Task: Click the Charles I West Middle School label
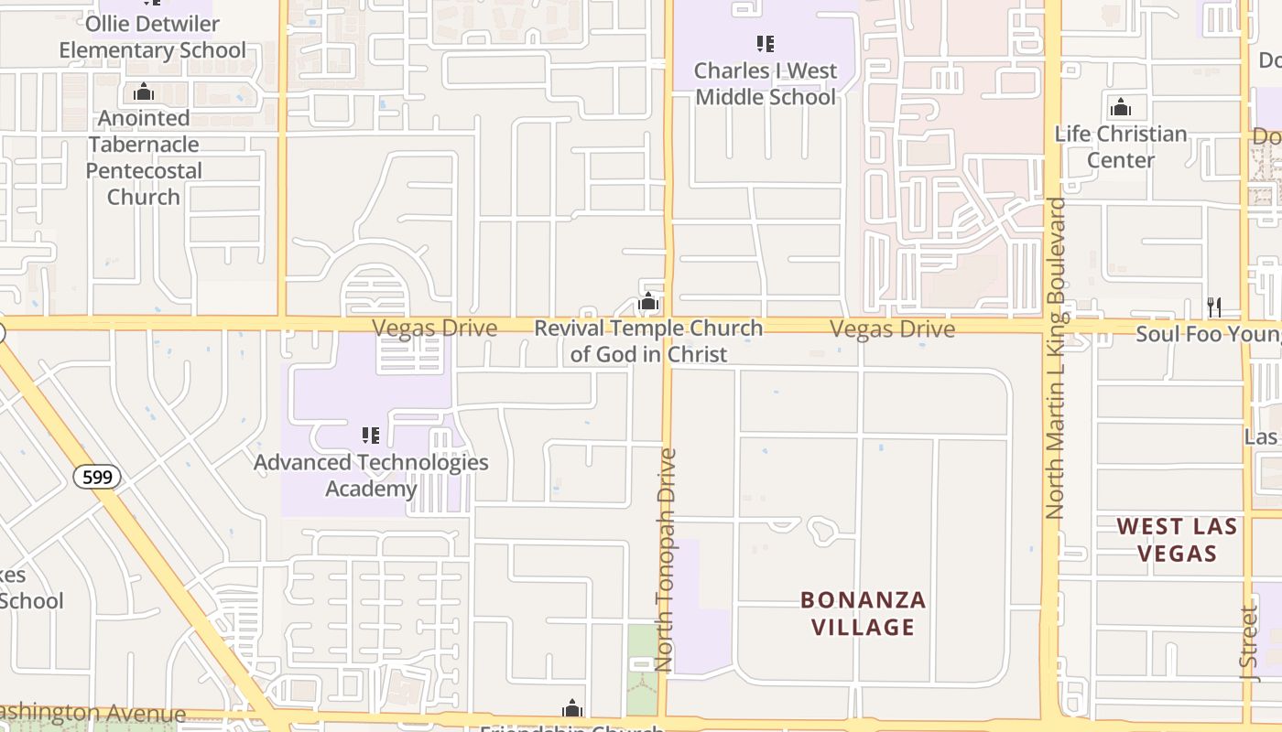click(x=766, y=83)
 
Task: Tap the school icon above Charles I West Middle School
click(x=766, y=43)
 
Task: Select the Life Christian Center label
click(x=1121, y=146)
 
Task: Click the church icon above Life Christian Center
click(x=1120, y=108)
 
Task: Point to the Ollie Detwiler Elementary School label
click(x=152, y=37)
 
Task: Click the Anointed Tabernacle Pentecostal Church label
click(x=144, y=157)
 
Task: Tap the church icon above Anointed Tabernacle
click(x=143, y=91)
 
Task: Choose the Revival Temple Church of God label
click(x=648, y=341)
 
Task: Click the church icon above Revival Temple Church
click(x=648, y=301)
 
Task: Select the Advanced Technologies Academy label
click(x=371, y=475)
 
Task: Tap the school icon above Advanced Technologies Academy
click(x=370, y=435)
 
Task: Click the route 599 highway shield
click(x=97, y=477)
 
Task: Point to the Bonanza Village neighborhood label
click(x=863, y=613)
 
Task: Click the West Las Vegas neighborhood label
click(x=1177, y=540)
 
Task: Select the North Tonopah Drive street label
click(x=667, y=560)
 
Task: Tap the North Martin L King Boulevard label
click(x=1056, y=359)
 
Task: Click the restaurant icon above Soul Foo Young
click(x=1214, y=307)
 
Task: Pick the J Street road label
click(x=1249, y=642)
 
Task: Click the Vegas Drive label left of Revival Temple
click(x=434, y=328)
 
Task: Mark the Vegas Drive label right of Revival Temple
click(x=892, y=329)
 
